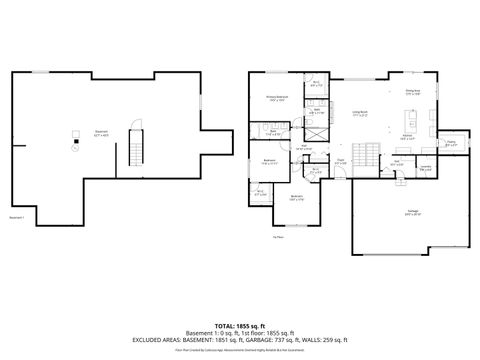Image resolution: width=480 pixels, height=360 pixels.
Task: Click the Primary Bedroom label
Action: pos(276,99)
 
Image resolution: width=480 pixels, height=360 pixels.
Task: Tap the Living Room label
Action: pos(359,113)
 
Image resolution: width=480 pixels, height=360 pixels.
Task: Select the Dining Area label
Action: pos(412,93)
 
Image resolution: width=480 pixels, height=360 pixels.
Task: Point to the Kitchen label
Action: pos(408,137)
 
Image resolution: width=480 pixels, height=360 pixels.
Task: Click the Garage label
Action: pos(412,212)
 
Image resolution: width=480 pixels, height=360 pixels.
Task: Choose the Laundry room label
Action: pos(425,168)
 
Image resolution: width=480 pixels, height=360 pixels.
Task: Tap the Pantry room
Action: pos(451,143)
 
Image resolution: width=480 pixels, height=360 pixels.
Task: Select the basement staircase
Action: pos(137,151)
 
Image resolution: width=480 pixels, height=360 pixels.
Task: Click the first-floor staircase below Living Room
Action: pos(370,156)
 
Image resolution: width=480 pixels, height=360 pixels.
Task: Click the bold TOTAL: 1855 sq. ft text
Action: pos(239,326)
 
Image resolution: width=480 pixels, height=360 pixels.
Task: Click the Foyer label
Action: pos(341,160)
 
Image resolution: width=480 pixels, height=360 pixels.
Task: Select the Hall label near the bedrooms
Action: pos(304,147)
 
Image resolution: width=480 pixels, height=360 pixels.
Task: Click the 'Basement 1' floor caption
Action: pos(18,217)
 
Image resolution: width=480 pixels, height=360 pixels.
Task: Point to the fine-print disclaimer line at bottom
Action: pos(239,350)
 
